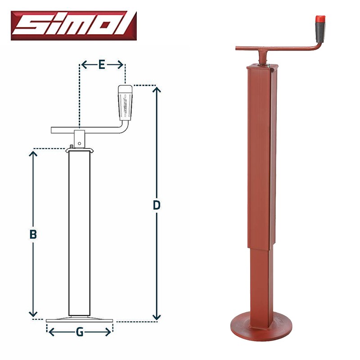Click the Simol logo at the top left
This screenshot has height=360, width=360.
tap(74, 26)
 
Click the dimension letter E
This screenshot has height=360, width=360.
tap(102, 64)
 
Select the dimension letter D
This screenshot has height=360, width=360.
tap(157, 205)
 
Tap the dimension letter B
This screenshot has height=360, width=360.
tap(33, 234)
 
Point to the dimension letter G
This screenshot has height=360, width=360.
tap(80, 332)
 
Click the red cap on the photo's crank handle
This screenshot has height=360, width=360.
tap(320, 19)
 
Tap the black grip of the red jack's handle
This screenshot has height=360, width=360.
tap(321, 32)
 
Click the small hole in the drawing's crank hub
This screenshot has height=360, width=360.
tap(80, 144)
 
